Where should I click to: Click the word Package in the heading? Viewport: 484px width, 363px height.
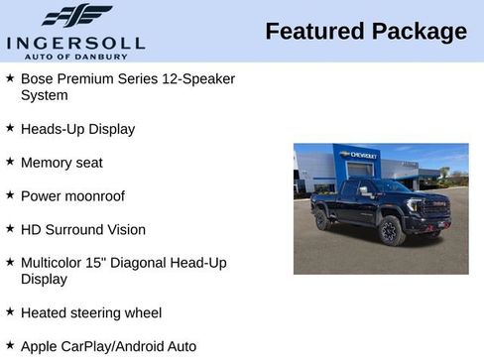coord(419,32)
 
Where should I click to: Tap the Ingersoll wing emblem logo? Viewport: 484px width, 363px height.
coord(76,16)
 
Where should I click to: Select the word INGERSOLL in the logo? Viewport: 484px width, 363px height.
coord(75,42)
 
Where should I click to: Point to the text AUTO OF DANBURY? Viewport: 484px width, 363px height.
coord(76,56)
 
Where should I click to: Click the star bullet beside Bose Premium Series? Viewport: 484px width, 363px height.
coord(10,77)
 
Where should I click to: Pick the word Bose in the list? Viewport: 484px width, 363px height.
coord(37,78)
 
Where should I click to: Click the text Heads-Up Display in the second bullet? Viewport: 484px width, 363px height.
coord(77,129)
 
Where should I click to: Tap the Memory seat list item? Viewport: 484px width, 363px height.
coord(61,163)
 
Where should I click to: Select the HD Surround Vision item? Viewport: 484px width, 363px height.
coord(83,230)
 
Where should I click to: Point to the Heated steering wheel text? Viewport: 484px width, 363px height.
coord(91,313)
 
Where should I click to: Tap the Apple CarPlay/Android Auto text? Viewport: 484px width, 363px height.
coord(108,347)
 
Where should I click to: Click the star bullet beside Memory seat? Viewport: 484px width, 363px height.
coord(10,162)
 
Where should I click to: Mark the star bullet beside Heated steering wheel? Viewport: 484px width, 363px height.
coord(10,312)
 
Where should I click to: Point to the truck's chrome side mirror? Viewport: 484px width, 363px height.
coord(367,191)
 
